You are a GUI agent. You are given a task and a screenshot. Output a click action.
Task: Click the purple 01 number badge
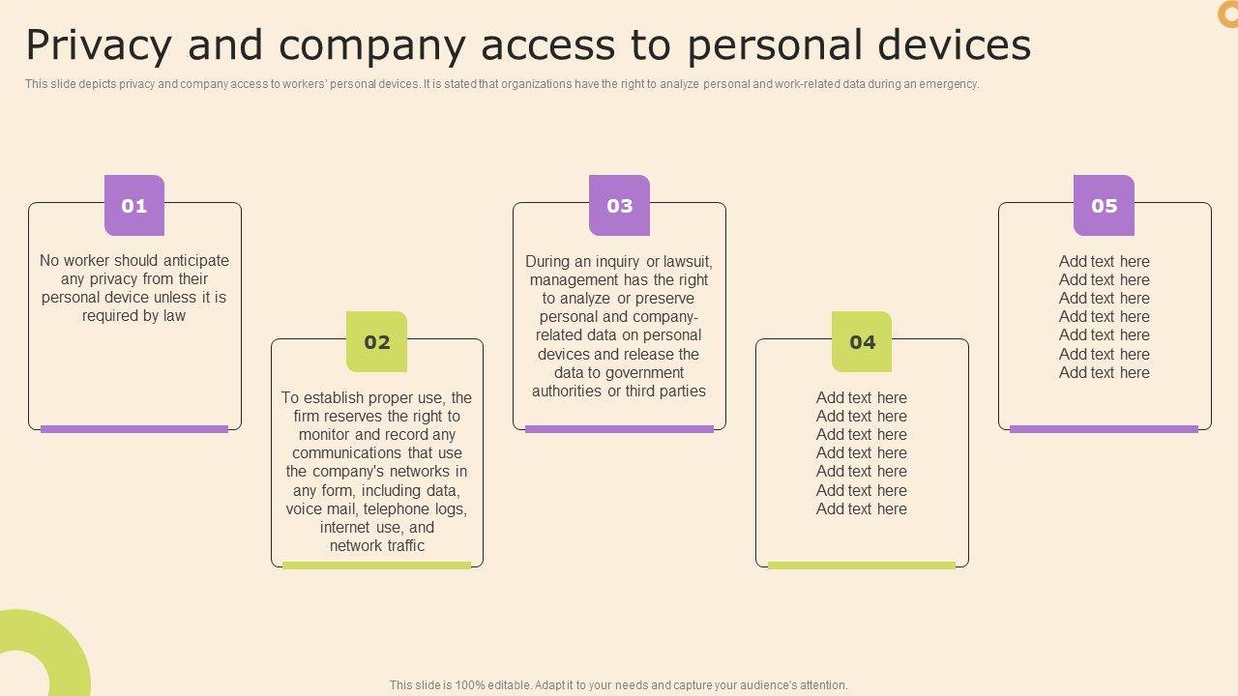click(134, 205)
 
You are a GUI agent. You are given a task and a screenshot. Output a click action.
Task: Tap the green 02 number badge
click(377, 341)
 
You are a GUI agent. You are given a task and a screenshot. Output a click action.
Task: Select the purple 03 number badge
click(619, 205)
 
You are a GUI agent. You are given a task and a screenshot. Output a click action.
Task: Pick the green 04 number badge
click(862, 341)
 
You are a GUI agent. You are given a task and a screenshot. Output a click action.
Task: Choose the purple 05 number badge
click(1104, 205)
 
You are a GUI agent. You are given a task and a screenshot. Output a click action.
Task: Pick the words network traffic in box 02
click(377, 546)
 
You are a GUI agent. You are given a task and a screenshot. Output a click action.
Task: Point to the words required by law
click(134, 316)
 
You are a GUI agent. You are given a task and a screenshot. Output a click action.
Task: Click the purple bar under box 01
click(134, 429)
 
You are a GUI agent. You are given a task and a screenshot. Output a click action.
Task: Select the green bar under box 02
click(377, 565)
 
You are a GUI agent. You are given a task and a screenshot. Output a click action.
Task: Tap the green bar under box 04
click(862, 565)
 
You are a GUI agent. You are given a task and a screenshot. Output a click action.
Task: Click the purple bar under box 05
click(1104, 429)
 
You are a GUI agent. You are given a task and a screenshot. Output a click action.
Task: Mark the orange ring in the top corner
click(1227, 14)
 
